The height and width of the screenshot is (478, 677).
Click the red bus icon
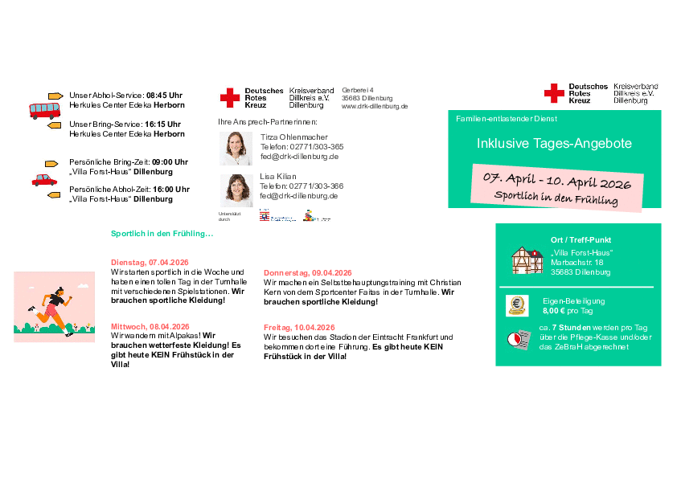coord(44,109)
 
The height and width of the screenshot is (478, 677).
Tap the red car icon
coord(44,179)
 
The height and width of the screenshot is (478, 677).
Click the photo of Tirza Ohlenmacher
coord(236,148)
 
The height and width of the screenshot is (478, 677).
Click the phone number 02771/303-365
coord(312,147)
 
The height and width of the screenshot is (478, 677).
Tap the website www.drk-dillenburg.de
coord(375,106)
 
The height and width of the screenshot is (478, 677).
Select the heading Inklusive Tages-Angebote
coord(554,144)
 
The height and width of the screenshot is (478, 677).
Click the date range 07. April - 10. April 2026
coord(556,181)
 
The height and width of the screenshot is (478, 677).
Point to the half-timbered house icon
coord(527,259)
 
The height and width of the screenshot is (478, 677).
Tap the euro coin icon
coord(516,305)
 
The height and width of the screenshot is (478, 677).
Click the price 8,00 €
coord(554,310)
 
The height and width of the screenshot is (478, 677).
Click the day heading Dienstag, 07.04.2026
coord(150,263)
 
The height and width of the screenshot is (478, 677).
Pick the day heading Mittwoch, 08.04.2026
coord(150,327)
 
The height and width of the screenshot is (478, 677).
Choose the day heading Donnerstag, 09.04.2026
coord(308,273)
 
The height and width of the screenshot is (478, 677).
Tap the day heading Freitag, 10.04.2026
coord(299,328)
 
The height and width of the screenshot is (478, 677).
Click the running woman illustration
coord(55,303)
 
